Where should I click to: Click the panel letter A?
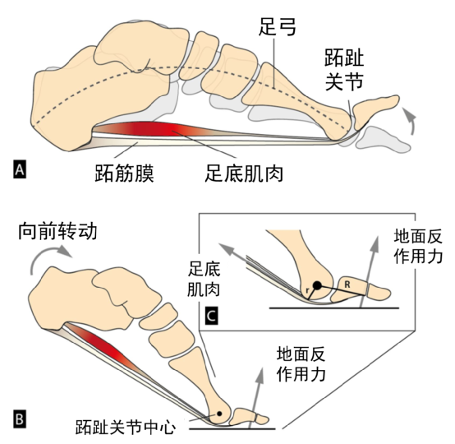[20, 169]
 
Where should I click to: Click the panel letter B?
[20, 419]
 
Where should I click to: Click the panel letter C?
[211, 315]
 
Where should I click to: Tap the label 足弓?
[278, 27]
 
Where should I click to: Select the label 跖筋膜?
[124, 173]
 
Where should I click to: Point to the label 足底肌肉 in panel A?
[244, 173]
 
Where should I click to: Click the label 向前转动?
[57, 232]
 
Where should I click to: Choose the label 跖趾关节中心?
[126, 427]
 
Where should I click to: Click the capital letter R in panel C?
[347, 285]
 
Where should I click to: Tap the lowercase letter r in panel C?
[308, 290]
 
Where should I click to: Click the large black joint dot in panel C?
[317, 285]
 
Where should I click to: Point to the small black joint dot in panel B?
[219, 414]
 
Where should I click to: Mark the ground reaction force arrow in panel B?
[256, 398]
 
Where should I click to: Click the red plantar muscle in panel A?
[151, 127]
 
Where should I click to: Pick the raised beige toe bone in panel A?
[375, 110]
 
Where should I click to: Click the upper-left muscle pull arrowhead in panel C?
[227, 249]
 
